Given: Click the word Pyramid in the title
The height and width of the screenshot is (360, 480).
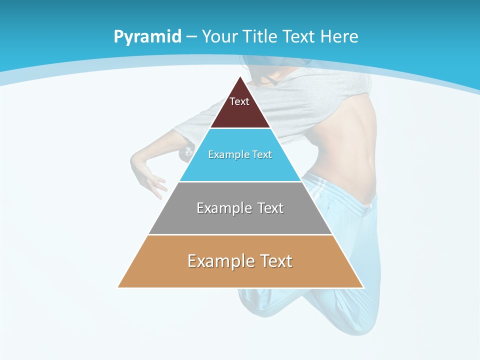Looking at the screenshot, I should [x=147, y=37].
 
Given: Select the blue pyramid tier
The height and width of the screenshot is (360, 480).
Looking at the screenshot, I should [x=240, y=167].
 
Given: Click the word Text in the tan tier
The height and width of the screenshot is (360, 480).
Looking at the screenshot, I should [x=275, y=261].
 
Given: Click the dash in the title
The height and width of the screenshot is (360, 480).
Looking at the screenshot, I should [x=191, y=37].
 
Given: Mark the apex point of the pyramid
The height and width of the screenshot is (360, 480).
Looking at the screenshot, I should [x=240, y=76].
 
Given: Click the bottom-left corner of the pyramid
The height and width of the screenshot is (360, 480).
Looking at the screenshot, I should [x=118, y=287].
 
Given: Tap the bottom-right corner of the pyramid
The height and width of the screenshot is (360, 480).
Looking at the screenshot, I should [x=363, y=287].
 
